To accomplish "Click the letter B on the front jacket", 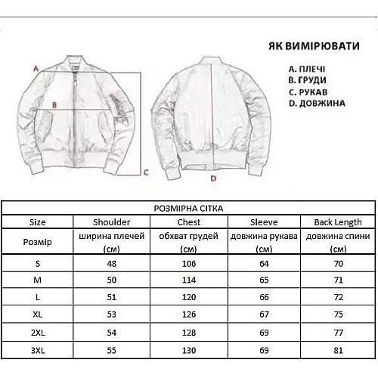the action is pos(54,106).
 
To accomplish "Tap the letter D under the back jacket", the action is pos(213,178).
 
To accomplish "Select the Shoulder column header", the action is pos(111,222).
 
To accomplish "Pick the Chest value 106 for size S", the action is pos(188,262).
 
